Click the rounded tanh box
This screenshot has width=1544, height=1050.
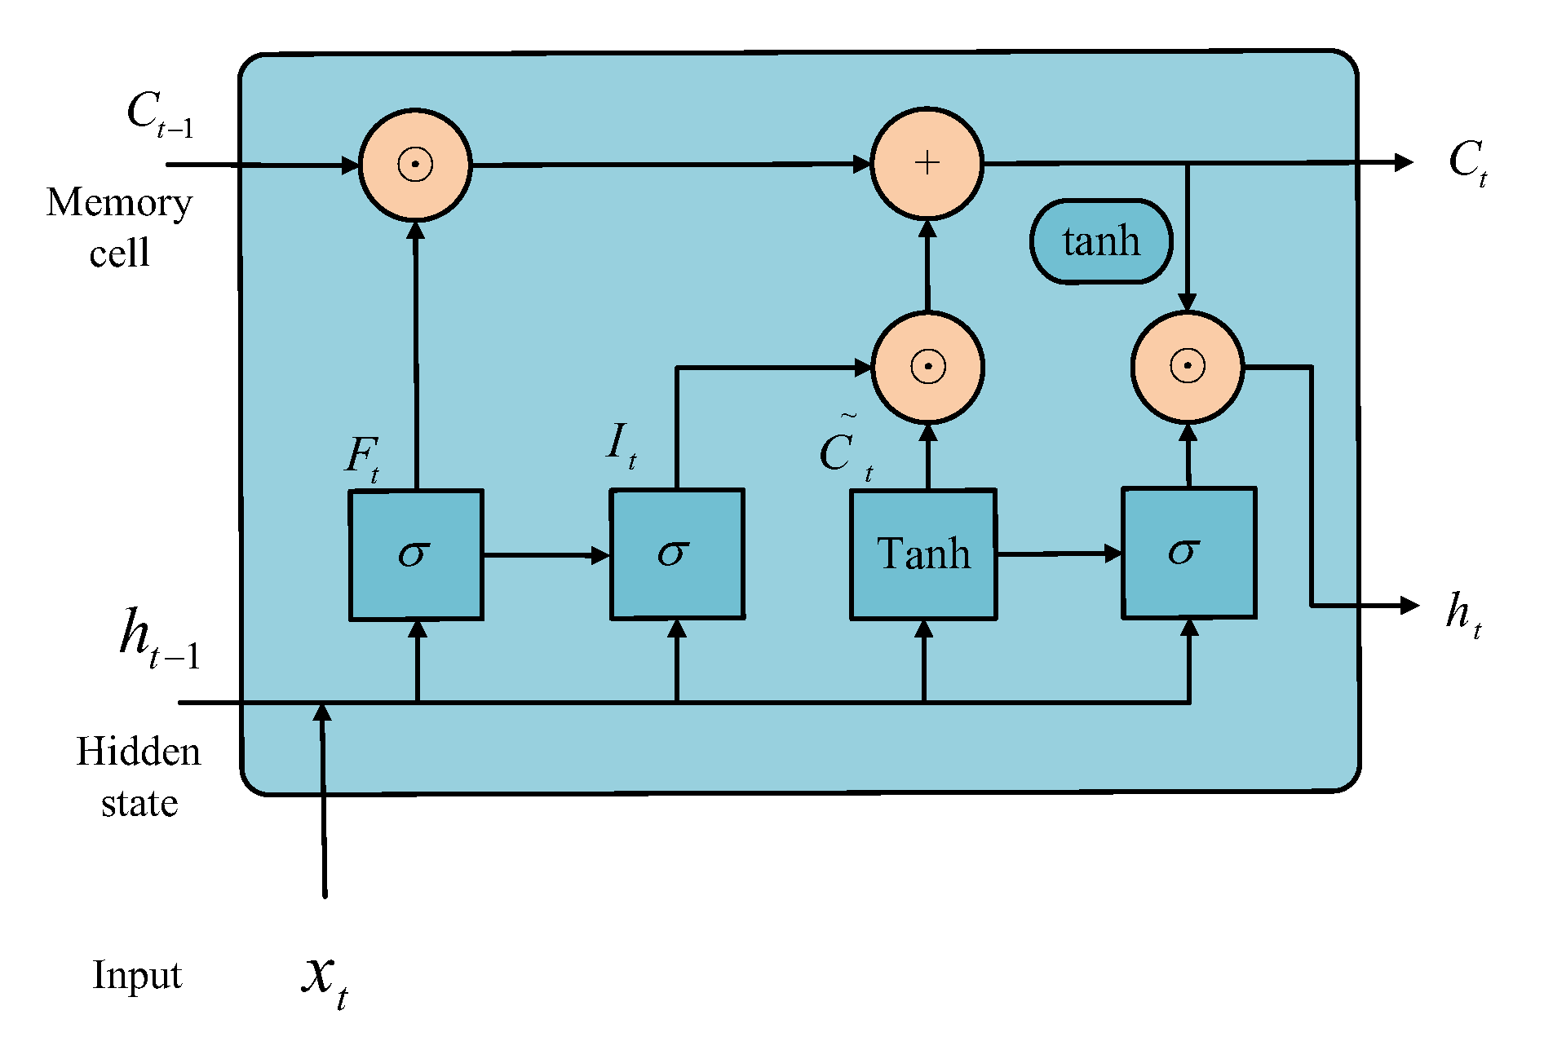pos(1101,241)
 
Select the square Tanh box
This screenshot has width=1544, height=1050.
pos(923,554)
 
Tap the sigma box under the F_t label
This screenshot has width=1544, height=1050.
pos(416,554)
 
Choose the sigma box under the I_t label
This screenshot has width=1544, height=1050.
pos(677,554)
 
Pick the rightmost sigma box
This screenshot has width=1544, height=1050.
pos(1188,553)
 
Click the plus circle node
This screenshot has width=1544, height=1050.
pos(927,163)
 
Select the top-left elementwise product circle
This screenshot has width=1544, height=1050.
pos(415,165)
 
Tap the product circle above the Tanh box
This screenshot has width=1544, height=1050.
pos(927,367)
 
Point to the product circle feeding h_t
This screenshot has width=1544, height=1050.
pos(1188,366)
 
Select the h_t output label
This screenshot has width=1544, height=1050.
pos(1463,613)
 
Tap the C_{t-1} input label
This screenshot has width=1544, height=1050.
pos(160,114)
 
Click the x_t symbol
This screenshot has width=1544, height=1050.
pos(325,978)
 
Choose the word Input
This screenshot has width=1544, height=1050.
pos(137,975)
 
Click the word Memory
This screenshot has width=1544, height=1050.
pos(119,204)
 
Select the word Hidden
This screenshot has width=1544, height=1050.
pos(138,752)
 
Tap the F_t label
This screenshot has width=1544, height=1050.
pos(362,457)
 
